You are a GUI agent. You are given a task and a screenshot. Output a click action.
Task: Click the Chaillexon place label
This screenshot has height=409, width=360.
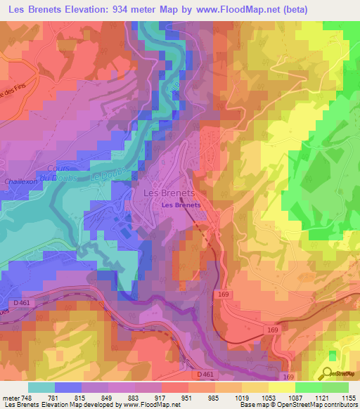coord(21,181)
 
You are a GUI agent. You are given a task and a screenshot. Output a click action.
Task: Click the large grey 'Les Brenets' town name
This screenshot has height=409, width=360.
coord(169,192)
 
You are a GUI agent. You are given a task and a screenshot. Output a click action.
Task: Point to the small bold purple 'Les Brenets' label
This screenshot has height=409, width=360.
coord(181,205)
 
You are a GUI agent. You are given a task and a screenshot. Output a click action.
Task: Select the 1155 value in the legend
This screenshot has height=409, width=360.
coord(349,398)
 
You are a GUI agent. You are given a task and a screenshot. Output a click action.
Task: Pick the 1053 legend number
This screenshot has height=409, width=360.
coord(269,398)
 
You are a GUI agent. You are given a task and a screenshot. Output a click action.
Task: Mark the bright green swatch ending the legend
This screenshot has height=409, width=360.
coord(335,387)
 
